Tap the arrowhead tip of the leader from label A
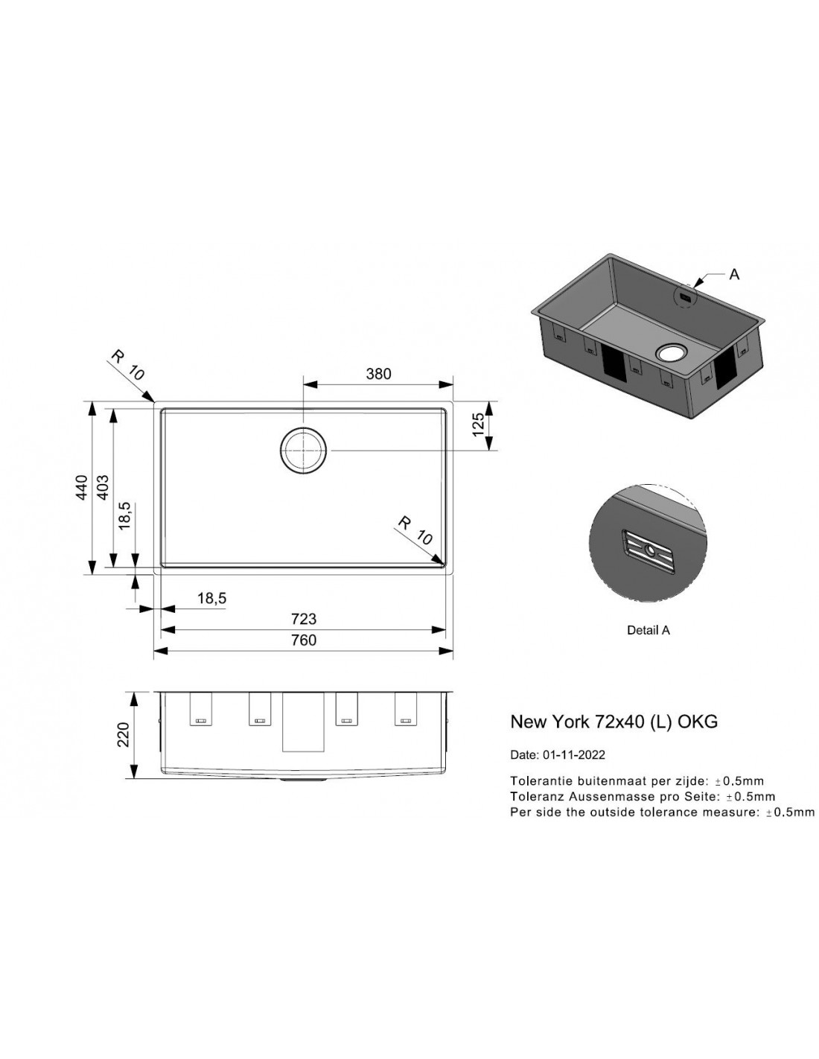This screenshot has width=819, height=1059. pos(694,286)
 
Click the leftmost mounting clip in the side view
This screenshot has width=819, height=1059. pos(200,710)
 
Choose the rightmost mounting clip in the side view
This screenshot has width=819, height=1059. pos(405,710)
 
